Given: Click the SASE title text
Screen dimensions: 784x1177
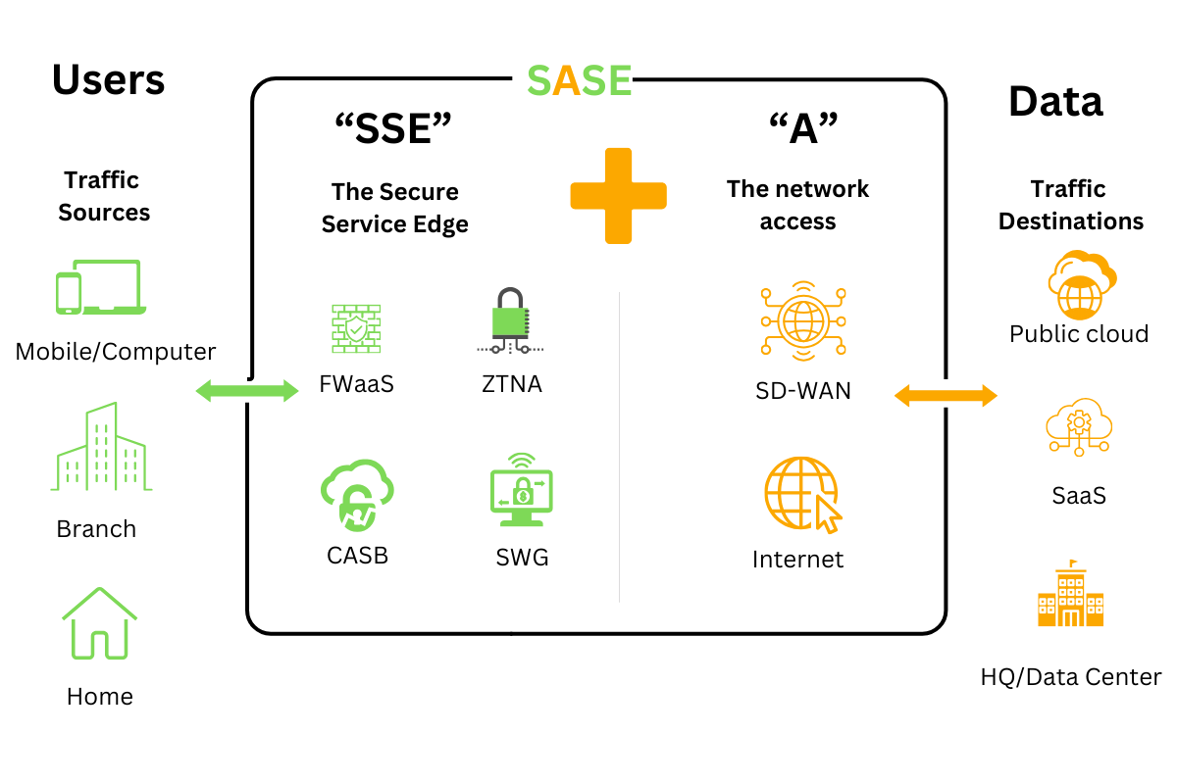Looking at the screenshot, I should click(579, 81).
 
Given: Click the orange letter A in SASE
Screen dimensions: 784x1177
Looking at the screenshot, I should click(567, 81).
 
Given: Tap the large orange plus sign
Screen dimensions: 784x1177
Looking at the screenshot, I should click(618, 195).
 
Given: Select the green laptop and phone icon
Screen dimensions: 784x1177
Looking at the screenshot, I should click(101, 286).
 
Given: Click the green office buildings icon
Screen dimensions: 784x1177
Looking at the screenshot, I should click(101, 448).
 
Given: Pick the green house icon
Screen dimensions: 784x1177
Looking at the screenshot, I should click(100, 624).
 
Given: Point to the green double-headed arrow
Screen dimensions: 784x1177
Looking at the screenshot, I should click(247, 391).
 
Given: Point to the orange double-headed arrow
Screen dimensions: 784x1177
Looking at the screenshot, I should click(946, 396).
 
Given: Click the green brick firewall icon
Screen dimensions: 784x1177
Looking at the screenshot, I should click(356, 328).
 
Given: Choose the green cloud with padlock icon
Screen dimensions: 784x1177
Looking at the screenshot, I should click(357, 494).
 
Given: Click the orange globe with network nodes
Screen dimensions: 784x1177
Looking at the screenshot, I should click(803, 320).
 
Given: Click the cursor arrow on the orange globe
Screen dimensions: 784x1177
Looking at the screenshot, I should click(829, 514).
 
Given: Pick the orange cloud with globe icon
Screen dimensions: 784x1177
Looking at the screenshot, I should click(1081, 285).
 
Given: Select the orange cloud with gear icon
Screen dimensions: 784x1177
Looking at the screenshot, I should click(1079, 426).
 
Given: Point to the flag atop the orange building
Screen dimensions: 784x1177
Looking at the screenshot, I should click(1074, 563).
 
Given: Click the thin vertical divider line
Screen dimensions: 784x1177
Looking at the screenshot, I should click(619, 446).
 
